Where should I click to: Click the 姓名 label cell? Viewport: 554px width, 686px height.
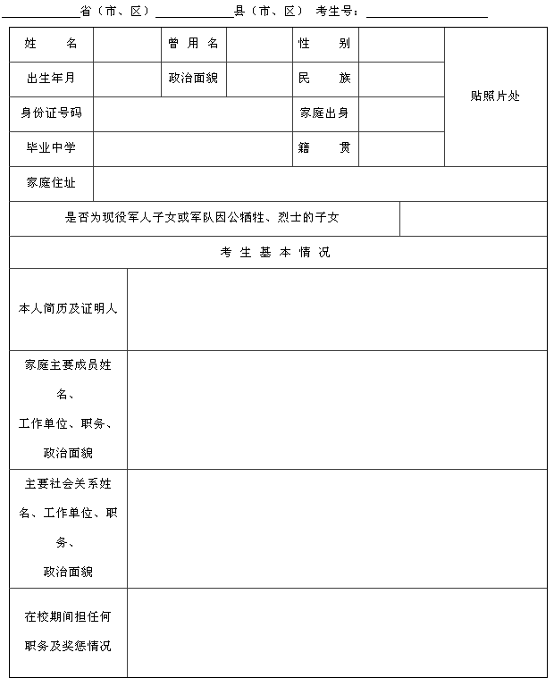51,44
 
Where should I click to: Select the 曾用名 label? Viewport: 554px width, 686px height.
193,44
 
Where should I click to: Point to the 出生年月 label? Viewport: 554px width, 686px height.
51,79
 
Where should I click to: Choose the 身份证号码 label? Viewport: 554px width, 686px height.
51,113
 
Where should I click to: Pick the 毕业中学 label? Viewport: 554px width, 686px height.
51,148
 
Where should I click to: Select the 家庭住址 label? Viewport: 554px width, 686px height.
51,183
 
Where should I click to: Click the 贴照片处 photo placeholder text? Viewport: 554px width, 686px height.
495,96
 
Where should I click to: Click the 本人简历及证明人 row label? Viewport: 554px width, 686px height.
68,308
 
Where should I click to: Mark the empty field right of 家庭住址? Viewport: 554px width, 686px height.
319,183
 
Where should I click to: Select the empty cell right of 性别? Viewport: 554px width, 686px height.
401,44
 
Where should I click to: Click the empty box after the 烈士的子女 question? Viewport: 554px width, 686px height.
473,218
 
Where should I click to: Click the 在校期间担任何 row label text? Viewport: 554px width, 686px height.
68,616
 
